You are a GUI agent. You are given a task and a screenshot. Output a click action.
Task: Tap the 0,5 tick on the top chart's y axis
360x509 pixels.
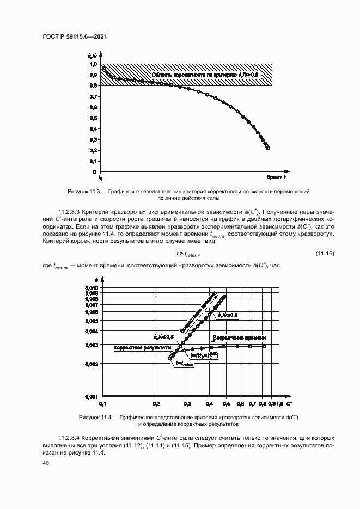coord(93,118)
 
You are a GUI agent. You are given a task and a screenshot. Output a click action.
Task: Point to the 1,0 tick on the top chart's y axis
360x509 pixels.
coord(93,64)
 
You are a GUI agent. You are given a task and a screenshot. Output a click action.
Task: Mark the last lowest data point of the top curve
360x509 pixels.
coord(267,148)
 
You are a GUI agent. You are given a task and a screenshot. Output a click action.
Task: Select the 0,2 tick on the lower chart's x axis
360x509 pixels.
coord(156,404)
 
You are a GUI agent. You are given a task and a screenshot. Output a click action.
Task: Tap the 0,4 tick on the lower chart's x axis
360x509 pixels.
coord(210,404)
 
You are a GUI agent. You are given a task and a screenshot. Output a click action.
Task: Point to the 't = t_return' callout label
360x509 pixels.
coord(184,365)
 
